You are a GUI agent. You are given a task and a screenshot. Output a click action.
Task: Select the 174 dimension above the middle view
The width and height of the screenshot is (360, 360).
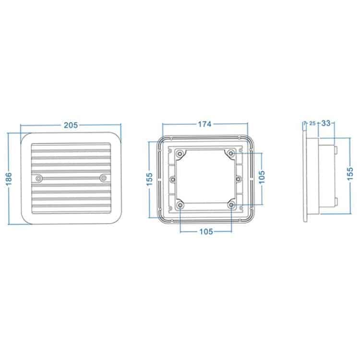pyautogui.click(x=204, y=124)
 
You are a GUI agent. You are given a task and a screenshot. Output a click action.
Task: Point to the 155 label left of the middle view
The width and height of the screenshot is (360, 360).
pyautogui.click(x=149, y=177)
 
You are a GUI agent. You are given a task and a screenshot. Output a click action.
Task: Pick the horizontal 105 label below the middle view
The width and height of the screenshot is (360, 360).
pyautogui.click(x=205, y=231)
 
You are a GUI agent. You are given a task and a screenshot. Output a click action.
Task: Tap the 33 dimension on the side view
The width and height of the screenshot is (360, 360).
pyautogui.click(x=325, y=123)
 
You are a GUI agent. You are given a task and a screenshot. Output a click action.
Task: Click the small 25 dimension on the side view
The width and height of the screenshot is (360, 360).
pyautogui.click(x=312, y=124)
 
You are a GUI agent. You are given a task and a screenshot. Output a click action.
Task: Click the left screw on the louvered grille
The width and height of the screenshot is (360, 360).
pyautogui.click(x=39, y=178)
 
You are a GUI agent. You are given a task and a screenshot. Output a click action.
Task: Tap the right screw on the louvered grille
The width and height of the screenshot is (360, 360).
pyautogui.click(x=103, y=178)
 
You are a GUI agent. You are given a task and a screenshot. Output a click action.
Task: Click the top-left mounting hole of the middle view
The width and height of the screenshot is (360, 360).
pyautogui.click(x=180, y=153)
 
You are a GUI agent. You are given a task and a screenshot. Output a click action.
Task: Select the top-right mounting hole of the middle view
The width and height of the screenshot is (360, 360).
pyautogui.click(x=232, y=153)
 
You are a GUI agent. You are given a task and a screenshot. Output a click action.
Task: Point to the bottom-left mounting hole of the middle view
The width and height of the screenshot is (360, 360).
pyautogui.click(x=180, y=205)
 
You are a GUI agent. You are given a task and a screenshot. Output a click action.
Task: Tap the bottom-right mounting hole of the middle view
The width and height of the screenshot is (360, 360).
pyautogui.click(x=232, y=205)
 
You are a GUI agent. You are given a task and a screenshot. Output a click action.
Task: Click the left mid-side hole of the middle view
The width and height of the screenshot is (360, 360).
pyautogui.click(x=173, y=179)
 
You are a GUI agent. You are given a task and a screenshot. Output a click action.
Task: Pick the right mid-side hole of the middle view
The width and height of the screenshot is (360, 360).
pyautogui.click(x=239, y=179)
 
